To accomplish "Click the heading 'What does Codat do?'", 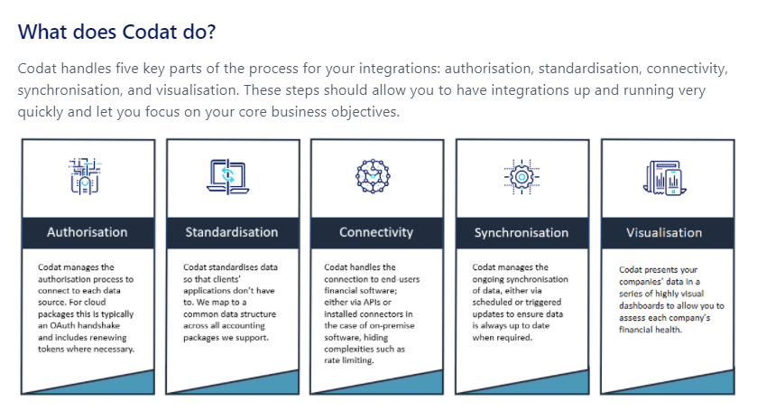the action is tap(116, 32).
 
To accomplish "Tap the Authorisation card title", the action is tap(88, 232).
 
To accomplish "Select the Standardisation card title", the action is tap(232, 232).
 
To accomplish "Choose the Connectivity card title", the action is tap(376, 232).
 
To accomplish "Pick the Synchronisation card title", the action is tap(522, 232).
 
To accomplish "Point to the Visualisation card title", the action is tap(664, 232).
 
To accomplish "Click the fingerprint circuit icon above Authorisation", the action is tap(85, 176).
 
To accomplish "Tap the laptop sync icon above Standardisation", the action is tap(228, 176).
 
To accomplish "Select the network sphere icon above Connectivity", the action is tap(373, 176).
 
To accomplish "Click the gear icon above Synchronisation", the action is tap(522, 177).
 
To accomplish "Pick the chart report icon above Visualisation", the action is tap(665, 178).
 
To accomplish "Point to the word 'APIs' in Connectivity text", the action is tap(371, 303).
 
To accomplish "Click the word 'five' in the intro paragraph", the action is tap(127, 68).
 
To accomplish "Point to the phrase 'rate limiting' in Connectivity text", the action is tap(348, 360).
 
